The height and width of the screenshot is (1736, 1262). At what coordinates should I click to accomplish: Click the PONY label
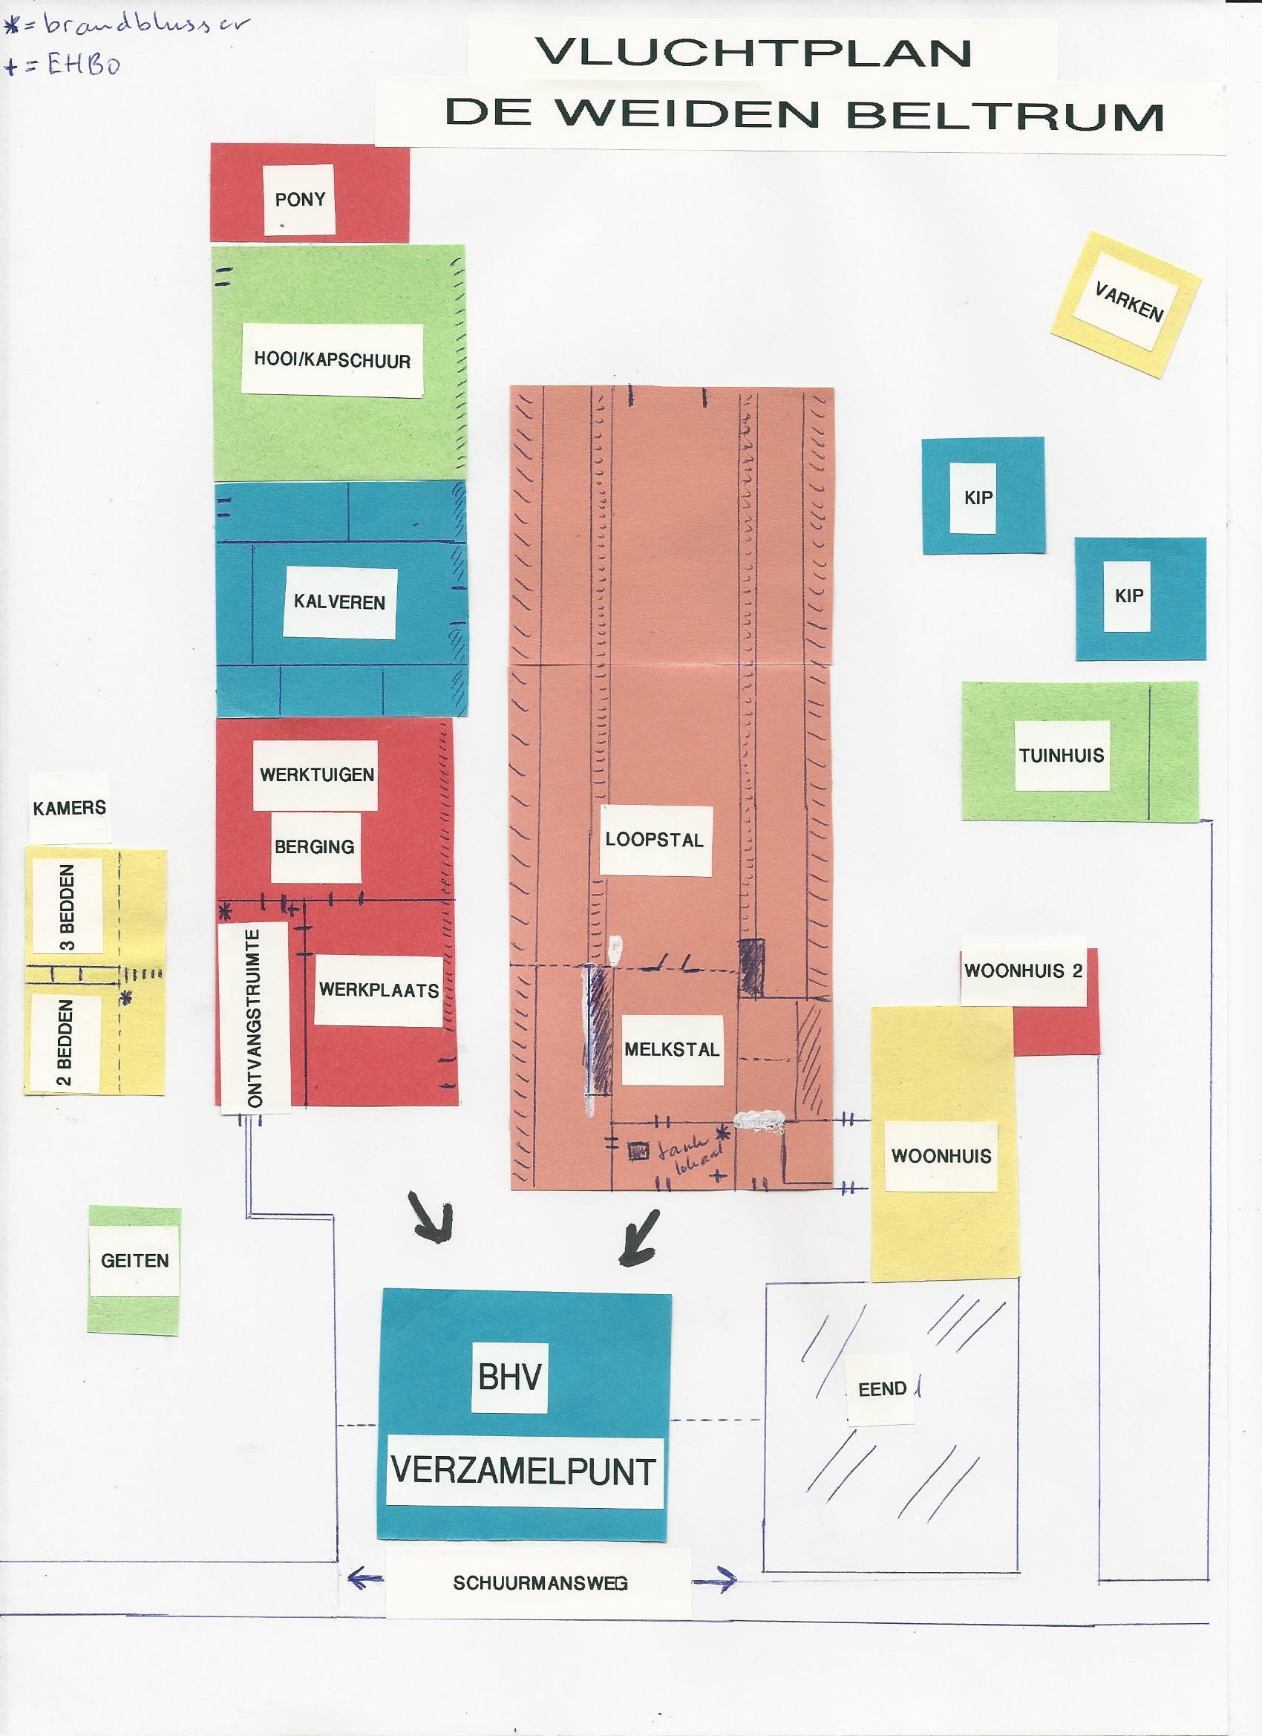[300, 200]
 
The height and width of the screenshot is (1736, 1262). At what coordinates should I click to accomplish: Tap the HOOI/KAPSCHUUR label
[332, 361]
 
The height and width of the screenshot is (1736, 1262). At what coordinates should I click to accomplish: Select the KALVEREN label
[339, 602]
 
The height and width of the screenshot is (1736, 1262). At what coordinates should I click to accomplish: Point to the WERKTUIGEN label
[317, 774]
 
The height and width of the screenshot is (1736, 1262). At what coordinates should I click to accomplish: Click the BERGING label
[315, 846]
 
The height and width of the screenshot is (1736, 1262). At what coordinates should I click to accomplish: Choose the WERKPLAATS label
[378, 990]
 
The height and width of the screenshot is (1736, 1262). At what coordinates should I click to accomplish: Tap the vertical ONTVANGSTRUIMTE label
[255, 1018]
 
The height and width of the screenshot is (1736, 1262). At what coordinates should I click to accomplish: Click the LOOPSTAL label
[654, 840]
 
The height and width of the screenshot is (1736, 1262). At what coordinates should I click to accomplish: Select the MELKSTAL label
[672, 1049]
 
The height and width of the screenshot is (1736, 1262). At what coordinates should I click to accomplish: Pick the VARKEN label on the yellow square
[1128, 302]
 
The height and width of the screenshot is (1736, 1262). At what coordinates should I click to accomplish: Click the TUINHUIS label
[1062, 755]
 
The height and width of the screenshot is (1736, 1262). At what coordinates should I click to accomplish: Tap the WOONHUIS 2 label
[1022, 971]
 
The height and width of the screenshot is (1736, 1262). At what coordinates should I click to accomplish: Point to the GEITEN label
[134, 1261]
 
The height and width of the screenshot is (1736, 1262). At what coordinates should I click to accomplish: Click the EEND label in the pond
[883, 1389]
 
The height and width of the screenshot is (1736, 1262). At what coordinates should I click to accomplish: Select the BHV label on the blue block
[509, 1378]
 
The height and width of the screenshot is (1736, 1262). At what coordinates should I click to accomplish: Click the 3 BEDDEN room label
[68, 907]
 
